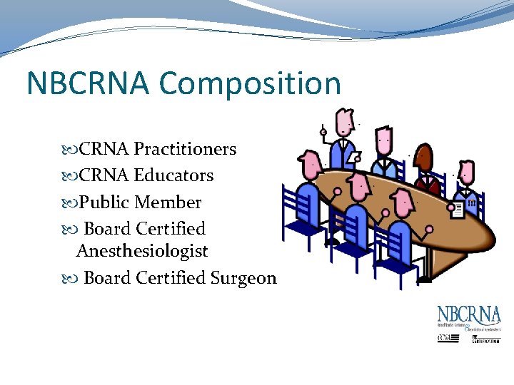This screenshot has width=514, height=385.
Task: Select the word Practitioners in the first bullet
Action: [185, 149]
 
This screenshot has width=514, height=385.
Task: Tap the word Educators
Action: [173, 175]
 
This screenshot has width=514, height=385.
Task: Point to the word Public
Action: [104, 202]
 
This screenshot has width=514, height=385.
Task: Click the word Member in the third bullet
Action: [168, 202]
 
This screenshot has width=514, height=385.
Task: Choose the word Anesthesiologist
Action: [142, 251]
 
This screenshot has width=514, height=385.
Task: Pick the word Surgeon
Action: [243, 278]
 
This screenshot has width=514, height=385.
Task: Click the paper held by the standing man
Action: [354, 157]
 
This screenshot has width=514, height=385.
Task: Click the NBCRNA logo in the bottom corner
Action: [469, 315]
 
